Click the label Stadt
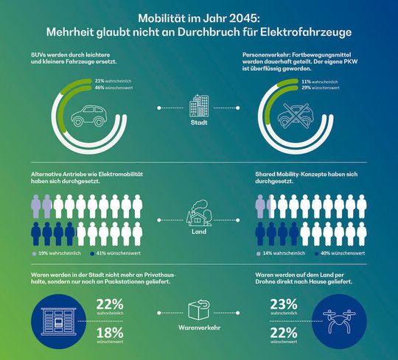[199, 123]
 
